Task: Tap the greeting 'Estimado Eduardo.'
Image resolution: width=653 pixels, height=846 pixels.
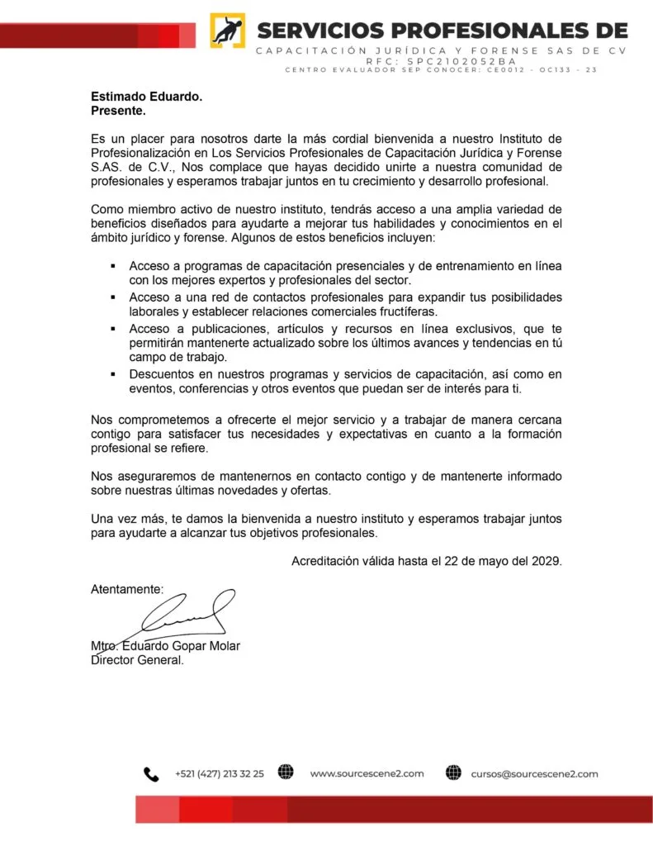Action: tap(146, 96)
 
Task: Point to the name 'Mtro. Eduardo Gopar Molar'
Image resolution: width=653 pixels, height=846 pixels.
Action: tap(165, 646)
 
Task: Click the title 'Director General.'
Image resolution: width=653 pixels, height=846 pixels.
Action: tap(137, 660)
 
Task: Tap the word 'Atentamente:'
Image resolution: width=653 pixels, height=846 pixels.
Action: tap(127, 589)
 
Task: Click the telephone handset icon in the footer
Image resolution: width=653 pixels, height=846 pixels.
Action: tap(151, 774)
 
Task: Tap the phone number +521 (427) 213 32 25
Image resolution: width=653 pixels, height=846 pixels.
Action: tap(220, 774)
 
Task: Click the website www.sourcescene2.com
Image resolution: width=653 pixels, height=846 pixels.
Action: tap(367, 774)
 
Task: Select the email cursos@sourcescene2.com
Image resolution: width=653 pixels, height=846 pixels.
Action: tap(534, 774)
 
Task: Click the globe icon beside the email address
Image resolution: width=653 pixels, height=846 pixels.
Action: tap(453, 773)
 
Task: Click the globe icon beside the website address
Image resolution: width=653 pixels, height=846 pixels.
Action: tap(286, 773)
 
